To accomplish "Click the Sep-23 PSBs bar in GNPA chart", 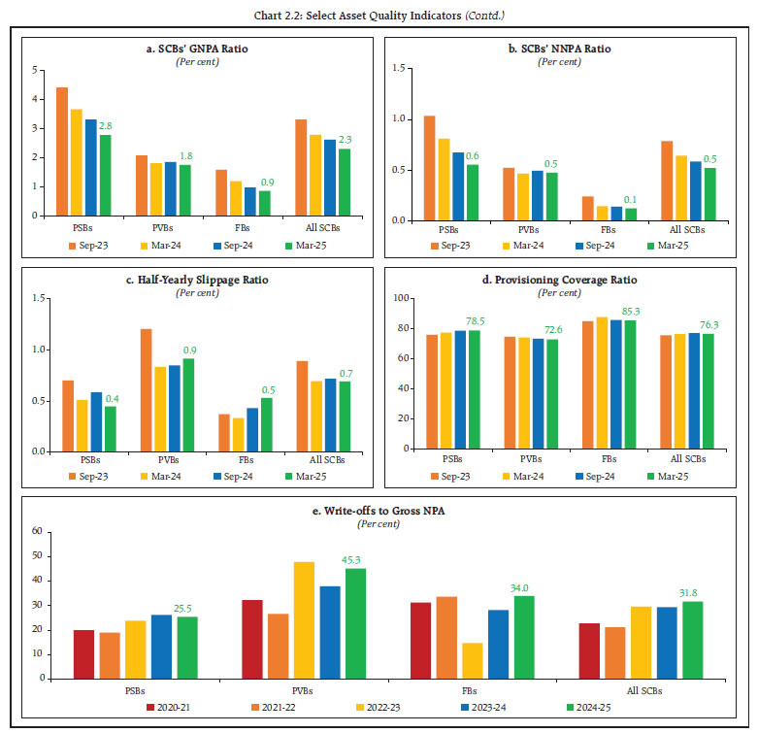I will click(62, 151).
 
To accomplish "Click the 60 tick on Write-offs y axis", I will click(38, 531).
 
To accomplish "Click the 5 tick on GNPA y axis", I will click(36, 71).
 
